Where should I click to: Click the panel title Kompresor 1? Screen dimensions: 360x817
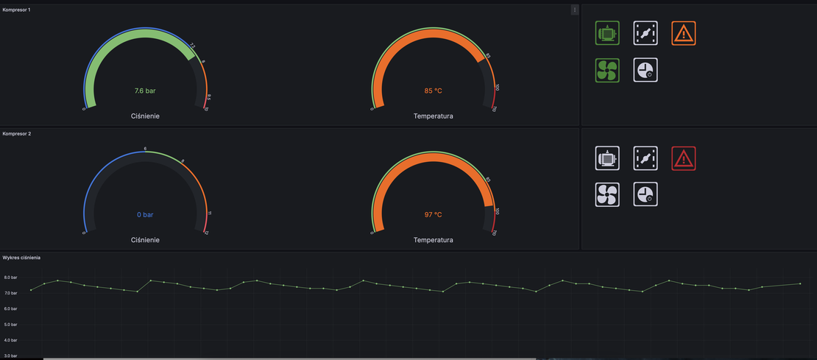(x=16, y=10)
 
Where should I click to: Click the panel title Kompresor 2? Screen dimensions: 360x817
(x=16, y=134)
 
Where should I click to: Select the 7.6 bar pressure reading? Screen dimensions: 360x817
(x=145, y=91)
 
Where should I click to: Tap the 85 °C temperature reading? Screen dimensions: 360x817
(x=433, y=91)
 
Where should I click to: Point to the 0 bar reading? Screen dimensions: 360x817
(x=145, y=215)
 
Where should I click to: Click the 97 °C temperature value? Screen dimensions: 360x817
(x=433, y=215)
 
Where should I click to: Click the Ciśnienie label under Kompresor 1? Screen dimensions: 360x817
(x=145, y=116)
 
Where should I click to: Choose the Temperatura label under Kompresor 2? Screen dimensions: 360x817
(x=433, y=240)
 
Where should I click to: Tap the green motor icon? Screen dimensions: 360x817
(x=607, y=33)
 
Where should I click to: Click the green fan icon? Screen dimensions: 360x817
(x=607, y=70)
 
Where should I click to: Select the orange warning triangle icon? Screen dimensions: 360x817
(x=684, y=33)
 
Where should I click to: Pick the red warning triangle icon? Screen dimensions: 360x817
(x=684, y=158)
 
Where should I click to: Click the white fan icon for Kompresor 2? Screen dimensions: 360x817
(x=607, y=194)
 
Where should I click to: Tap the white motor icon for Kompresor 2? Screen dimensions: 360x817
(x=607, y=158)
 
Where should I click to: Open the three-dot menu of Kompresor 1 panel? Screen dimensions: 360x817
(x=575, y=10)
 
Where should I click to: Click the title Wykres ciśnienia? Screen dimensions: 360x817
(x=21, y=258)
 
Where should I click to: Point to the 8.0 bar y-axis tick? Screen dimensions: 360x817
(x=10, y=278)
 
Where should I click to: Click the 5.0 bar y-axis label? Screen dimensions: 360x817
(x=10, y=325)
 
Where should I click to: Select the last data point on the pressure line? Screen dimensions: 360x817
(x=800, y=283)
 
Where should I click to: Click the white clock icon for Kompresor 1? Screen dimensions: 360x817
(x=646, y=70)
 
